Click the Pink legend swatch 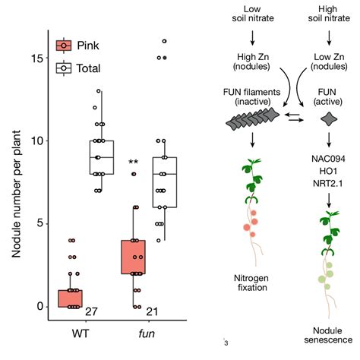click(64, 46)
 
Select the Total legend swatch click(64, 68)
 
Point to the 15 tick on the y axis click(47, 58)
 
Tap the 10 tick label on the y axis click(37, 141)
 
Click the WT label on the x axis click(81, 333)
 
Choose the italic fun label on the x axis click(147, 333)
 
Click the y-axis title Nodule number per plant click(16, 194)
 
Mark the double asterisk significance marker click(133, 162)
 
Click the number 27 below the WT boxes click(91, 311)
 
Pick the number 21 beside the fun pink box click(152, 311)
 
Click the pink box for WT click(71, 298)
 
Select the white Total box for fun click(165, 182)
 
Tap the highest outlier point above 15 click(165, 41)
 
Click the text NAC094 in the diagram click(328, 159)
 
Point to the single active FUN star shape click(329, 119)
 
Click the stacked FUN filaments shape click(252, 118)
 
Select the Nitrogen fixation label click(251, 283)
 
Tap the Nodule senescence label click(328, 335)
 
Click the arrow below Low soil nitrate click(252, 38)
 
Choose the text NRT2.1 click(328, 183)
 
